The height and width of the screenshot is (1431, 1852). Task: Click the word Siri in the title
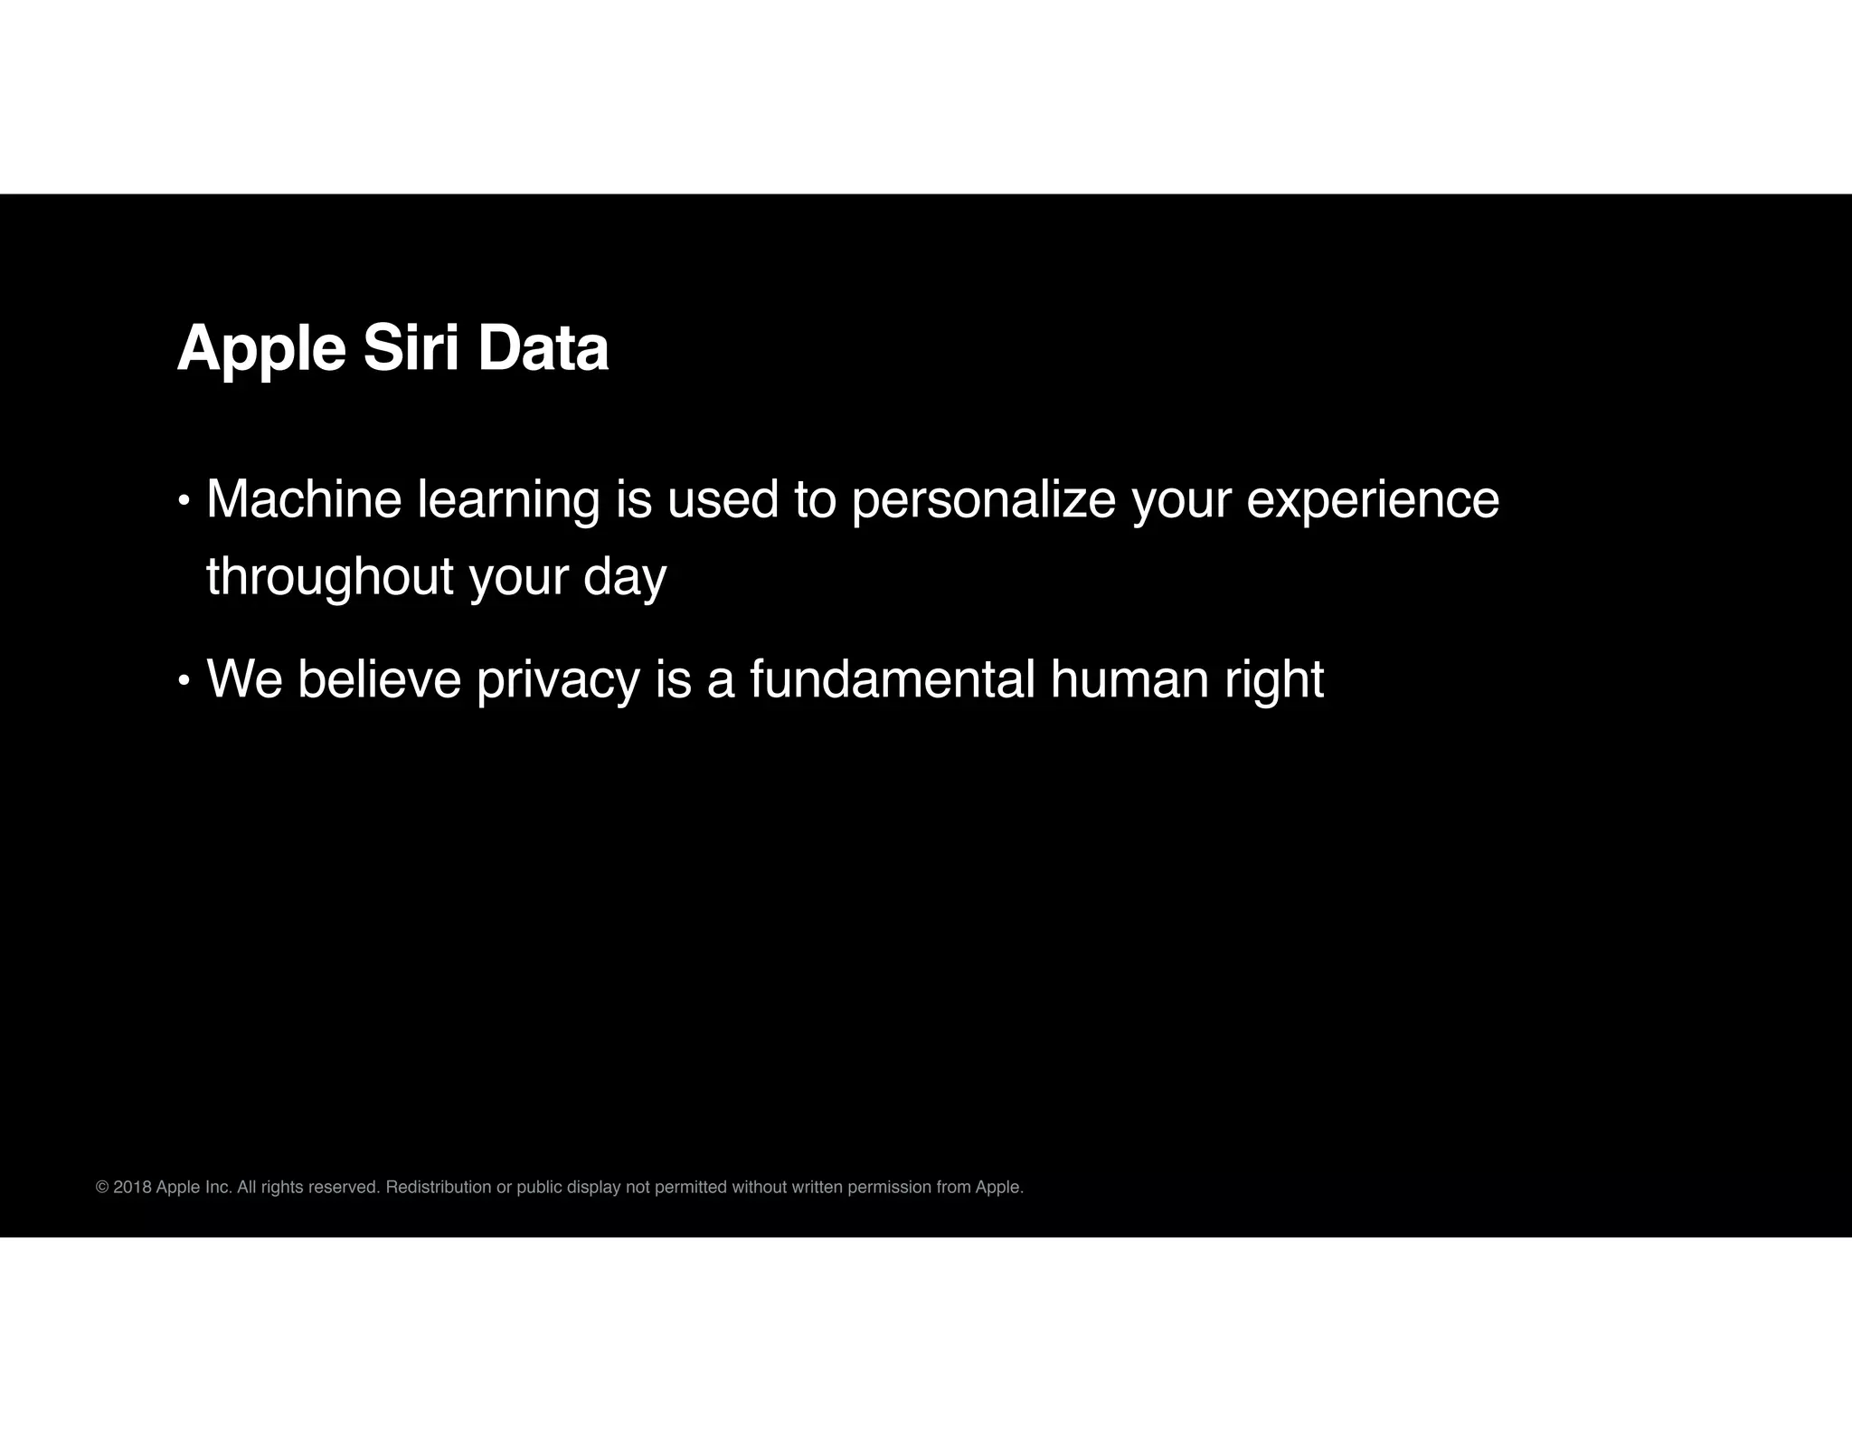point(411,348)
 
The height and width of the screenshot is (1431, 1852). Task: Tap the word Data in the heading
point(543,348)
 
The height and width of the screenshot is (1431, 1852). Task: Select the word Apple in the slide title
point(261,350)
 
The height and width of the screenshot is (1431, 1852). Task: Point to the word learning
point(508,500)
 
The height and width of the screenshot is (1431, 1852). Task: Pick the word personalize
point(983,500)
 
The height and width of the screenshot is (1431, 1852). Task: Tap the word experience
point(1372,500)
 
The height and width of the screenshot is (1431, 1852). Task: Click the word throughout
point(330,577)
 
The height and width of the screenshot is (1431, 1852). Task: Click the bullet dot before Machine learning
point(184,500)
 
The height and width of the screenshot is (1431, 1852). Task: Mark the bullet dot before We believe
point(184,680)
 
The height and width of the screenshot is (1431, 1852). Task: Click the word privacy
point(558,680)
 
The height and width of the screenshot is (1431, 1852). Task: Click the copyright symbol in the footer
point(102,1187)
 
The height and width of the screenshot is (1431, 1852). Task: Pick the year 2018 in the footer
point(132,1187)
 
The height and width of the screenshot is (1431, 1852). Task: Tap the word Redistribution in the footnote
point(439,1187)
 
